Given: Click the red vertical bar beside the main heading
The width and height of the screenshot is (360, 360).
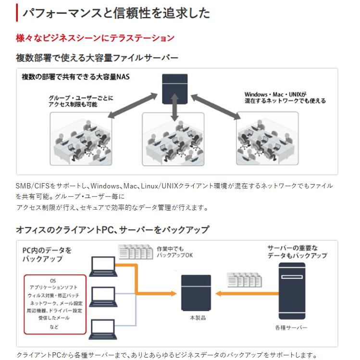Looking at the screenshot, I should click(x=17, y=12).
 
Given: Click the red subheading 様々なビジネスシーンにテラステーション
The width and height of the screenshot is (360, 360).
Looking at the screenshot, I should click(x=95, y=38).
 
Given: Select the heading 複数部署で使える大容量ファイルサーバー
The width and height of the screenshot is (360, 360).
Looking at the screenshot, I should click(x=97, y=58).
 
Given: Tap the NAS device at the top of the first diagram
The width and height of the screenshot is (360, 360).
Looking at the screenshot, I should click(x=174, y=87).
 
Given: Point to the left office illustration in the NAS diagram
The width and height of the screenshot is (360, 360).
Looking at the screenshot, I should click(x=81, y=139).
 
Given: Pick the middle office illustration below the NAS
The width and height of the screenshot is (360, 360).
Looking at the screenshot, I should click(x=173, y=139).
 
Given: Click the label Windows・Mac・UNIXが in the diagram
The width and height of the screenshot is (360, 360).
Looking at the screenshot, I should click(x=275, y=94).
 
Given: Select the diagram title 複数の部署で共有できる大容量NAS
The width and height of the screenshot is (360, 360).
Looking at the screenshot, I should click(x=75, y=77).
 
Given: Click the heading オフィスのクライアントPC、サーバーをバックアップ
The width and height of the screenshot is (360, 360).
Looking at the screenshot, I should click(x=112, y=230).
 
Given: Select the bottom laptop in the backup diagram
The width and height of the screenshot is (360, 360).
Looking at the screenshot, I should click(x=103, y=329).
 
